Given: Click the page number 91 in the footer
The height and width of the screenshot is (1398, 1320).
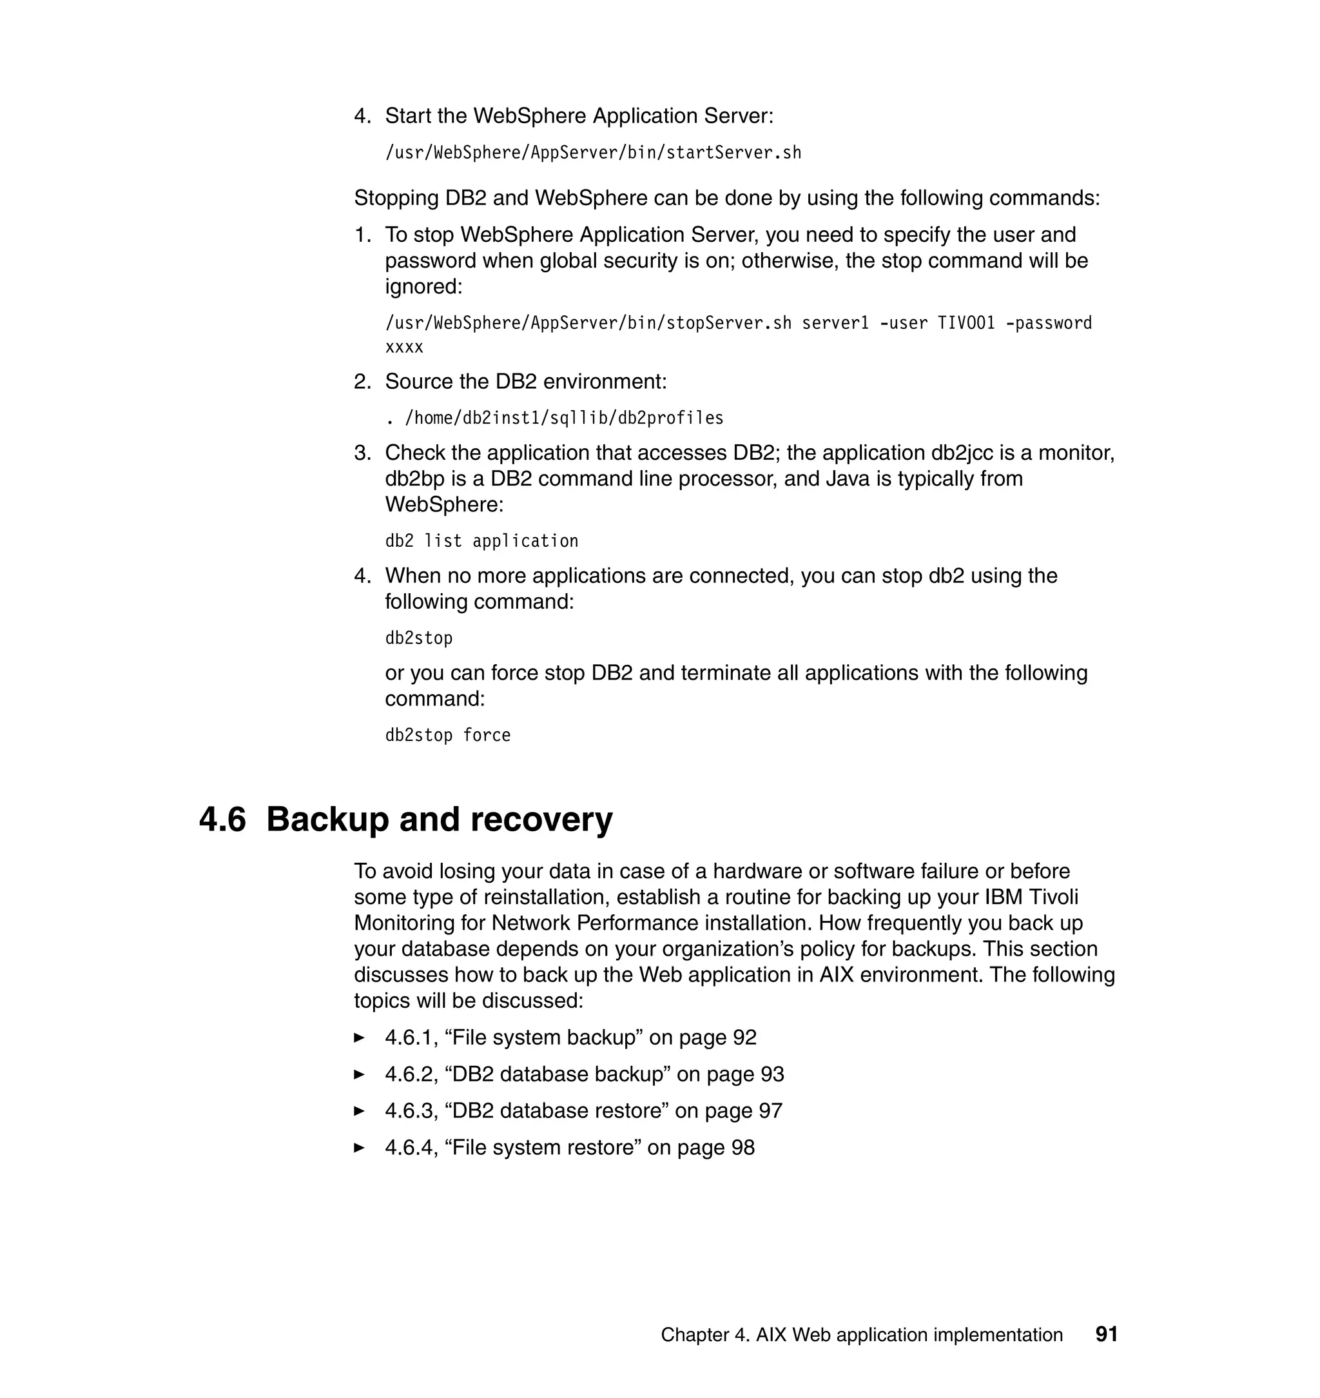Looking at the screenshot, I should pos(1106,1334).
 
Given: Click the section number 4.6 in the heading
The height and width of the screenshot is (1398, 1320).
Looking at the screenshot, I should pos(222,820).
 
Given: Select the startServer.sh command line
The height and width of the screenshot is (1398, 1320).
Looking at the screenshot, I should pos(593,153).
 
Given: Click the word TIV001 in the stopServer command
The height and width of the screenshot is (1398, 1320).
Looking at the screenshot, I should pos(966,323).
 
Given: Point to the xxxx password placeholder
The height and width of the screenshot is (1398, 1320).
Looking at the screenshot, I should pos(404,347).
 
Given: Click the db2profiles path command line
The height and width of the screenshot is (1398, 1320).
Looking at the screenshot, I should pos(554,418).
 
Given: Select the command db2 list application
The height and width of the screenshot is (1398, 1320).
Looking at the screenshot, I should pos(481,540).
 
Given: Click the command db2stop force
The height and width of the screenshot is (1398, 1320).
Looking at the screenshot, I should pos(447,735).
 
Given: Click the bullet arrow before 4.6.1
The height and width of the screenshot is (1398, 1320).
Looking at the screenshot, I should pos(360,1038).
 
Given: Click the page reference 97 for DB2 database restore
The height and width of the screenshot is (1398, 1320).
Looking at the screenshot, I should pos(770,1111).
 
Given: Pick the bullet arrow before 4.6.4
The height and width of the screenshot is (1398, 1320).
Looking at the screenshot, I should pos(360,1147).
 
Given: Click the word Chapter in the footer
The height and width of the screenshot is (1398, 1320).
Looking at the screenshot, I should pos(694,1335).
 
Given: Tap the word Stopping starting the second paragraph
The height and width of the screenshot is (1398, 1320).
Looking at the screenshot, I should pos(396,199).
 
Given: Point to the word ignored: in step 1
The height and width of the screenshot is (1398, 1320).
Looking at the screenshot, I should pos(423,287).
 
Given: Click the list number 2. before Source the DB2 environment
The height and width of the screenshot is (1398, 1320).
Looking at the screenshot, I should pos(362,382).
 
